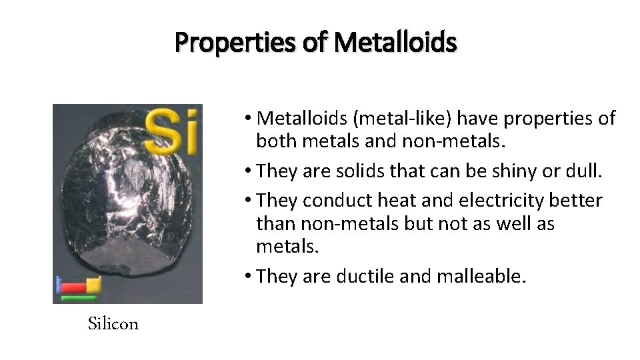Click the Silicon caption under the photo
click(x=113, y=324)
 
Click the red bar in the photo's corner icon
click(x=73, y=288)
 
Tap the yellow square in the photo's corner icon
click(x=93, y=285)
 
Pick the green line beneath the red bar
click(x=78, y=297)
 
